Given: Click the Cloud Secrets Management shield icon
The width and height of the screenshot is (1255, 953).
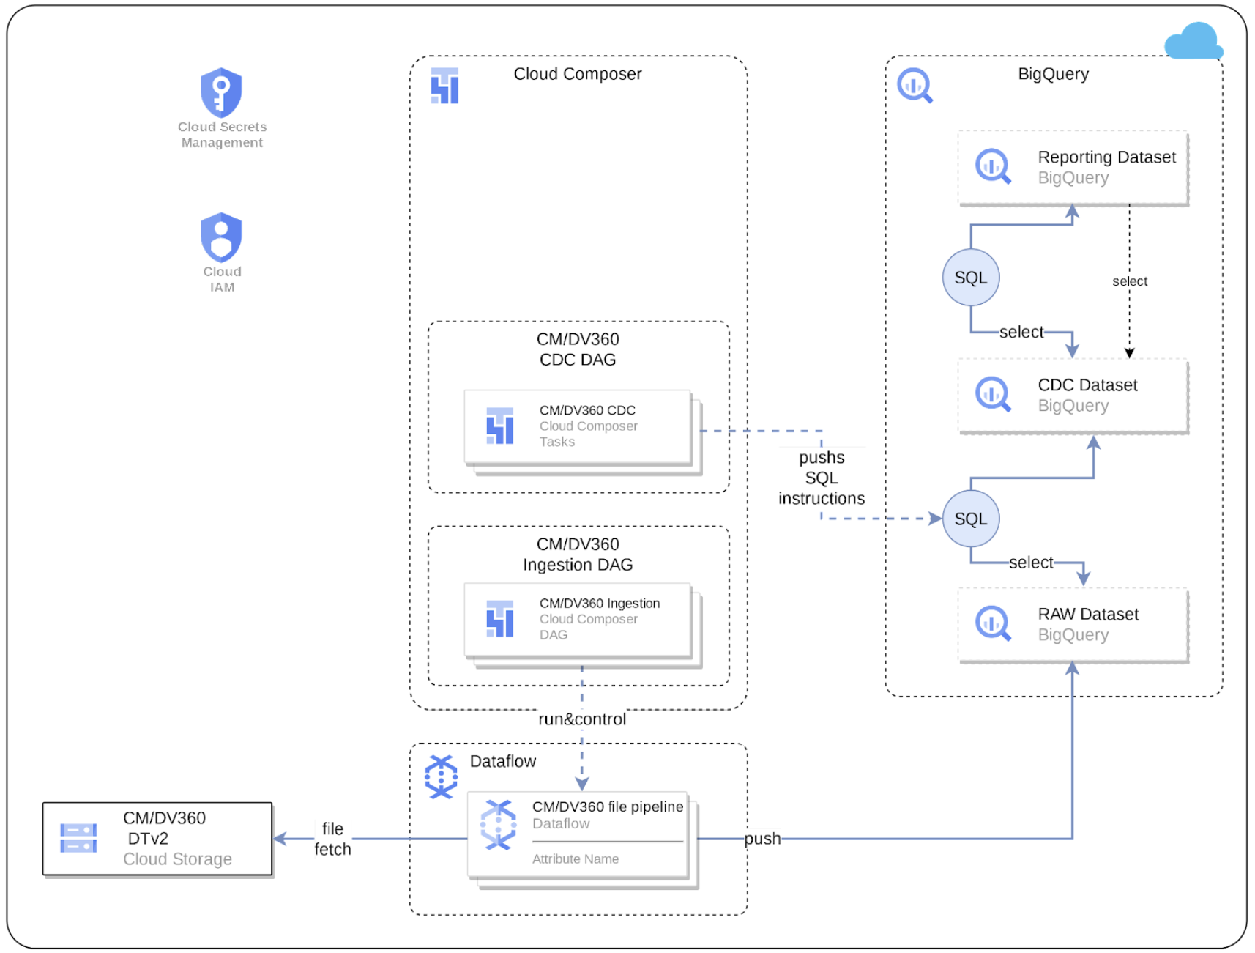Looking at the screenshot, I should tap(221, 93).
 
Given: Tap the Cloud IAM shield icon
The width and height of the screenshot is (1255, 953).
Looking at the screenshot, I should tap(221, 237).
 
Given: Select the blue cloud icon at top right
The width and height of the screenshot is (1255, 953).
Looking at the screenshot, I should tap(1193, 41).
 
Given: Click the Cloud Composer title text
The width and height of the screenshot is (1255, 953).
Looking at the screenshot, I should tap(577, 74).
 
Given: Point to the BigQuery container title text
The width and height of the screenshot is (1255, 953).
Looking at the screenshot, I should tap(1052, 74).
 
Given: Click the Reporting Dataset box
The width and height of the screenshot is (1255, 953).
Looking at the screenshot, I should tap(1072, 168).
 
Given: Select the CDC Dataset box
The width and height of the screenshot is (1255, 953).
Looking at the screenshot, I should tap(1072, 396).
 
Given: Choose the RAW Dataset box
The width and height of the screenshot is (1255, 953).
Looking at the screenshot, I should tap(1072, 624).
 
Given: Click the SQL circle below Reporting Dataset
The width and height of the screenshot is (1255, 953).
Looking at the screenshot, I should tap(970, 278).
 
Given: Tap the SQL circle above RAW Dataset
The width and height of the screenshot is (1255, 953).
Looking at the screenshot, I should tap(970, 519).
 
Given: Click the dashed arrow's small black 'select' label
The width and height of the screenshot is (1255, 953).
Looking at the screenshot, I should tap(1129, 281).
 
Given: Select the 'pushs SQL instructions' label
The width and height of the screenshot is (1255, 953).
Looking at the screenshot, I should tap(821, 478).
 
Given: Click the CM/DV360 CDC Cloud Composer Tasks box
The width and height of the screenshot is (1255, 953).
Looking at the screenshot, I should tap(578, 426).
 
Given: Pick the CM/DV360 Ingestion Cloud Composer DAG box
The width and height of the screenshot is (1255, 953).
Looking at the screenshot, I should tap(578, 620).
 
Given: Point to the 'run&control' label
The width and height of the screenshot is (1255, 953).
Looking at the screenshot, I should tap(581, 719).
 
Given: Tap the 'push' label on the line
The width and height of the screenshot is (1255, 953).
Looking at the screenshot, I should tap(761, 839).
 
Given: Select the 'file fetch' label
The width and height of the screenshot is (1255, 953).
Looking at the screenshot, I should tap(332, 839).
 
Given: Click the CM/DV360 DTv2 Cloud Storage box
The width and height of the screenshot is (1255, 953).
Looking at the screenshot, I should tap(157, 839).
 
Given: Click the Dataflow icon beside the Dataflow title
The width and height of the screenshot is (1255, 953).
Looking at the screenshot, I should tap(441, 776).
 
